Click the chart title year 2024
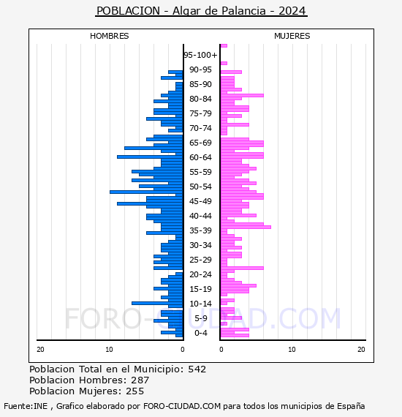tap(292, 11)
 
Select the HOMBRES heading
tap(109, 36)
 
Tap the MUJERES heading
tap(292, 36)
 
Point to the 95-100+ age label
tap(200, 55)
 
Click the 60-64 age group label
tap(200, 157)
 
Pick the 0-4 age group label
tap(201, 333)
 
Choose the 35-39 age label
tap(200, 230)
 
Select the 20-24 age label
tap(200, 274)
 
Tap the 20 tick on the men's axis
tap(40, 350)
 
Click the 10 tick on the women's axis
tap(292, 350)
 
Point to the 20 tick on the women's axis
tap(361, 350)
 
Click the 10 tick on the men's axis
tap(109, 350)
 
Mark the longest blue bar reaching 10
tap(146, 192)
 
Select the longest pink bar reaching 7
tap(246, 227)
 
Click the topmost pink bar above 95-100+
tap(224, 46)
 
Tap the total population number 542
tap(197, 369)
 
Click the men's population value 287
tap(140, 380)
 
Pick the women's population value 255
tap(135, 391)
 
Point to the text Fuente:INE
tap(26, 406)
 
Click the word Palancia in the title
tap(243, 11)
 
